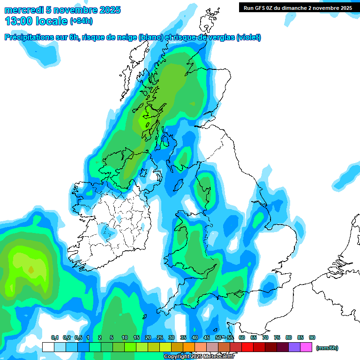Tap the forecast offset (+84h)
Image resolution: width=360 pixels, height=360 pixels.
(81, 22)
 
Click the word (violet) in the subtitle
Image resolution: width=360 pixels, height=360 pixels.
(248, 37)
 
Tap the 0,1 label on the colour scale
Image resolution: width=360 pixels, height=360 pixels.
(55, 338)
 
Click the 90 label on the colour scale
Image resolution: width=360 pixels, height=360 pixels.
(312, 338)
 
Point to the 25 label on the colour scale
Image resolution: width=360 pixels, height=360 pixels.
(160, 338)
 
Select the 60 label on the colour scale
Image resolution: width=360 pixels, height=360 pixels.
(242, 338)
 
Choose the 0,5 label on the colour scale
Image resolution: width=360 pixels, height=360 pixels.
(78, 338)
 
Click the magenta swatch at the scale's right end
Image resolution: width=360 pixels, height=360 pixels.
(306, 347)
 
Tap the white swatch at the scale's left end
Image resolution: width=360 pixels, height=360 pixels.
(48, 347)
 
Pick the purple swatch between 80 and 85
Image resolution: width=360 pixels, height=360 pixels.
(294, 347)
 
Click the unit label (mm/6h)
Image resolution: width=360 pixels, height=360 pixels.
(327, 348)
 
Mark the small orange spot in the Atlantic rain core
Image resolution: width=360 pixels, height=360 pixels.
(31, 270)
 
